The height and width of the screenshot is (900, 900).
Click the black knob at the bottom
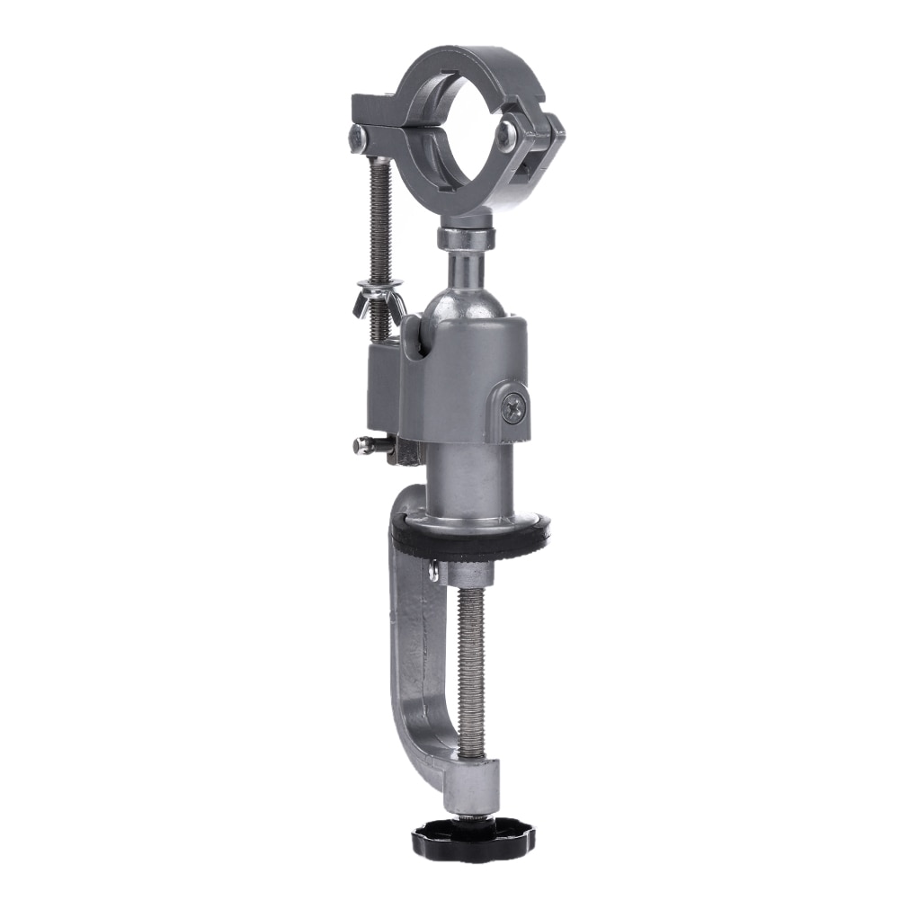click(473, 840)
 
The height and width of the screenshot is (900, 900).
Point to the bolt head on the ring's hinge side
click(506, 135)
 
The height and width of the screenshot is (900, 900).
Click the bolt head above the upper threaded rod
click(357, 137)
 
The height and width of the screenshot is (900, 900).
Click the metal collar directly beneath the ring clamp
click(466, 238)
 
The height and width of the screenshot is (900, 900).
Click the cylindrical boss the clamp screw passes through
click(472, 782)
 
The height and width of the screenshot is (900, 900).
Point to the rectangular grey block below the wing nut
click(382, 387)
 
